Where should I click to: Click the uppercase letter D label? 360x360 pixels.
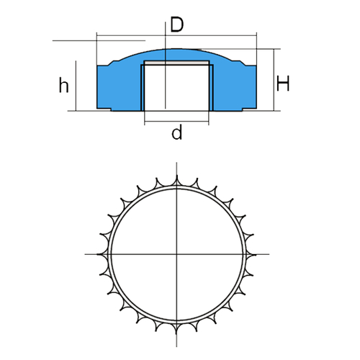[x=177, y=24]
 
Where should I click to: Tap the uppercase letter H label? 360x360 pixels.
[x=283, y=84]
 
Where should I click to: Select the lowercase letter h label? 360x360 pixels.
[x=63, y=85]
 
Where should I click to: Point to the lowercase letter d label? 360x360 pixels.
[x=177, y=132]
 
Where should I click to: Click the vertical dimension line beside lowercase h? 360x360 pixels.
[x=76, y=86]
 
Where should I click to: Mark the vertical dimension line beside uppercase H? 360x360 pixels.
[x=274, y=80]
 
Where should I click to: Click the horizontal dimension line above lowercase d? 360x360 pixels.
[x=176, y=122]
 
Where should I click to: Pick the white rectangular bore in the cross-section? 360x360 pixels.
[x=176, y=87]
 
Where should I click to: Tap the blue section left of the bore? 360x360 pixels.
[x=119, y=88]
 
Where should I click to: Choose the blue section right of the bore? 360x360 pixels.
[x=235, y=88]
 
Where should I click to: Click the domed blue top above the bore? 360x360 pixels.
[x=176, y=55]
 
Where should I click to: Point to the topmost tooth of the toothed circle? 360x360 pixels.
[x=177, y=181]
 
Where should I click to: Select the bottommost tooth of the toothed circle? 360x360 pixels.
[x=176, y=329]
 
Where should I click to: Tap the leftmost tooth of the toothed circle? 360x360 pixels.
[x=103, y=254]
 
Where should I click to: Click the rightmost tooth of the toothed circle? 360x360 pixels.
[x=251, y=254]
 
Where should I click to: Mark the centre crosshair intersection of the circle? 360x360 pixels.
[x=177, y=254]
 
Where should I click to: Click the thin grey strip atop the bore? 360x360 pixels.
[x=176, y=63]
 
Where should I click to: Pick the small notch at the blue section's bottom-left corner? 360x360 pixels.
[x=104, y=109]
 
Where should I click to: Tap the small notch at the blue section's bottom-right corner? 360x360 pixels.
[x=249, y=109]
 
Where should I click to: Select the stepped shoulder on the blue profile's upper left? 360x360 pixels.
[x=113, y=63]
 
